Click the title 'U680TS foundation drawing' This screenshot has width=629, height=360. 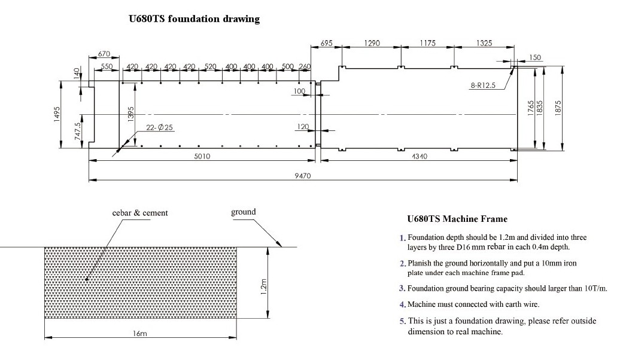click(195, 19)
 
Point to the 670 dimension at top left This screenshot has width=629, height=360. click(104, 54)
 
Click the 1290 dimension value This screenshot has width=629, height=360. click(372, 43)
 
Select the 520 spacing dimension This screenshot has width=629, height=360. click(210, 66)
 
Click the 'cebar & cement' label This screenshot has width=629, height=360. click(140, 213)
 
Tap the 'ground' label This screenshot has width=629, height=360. click(243, 212)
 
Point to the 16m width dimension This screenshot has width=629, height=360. click(139, 334)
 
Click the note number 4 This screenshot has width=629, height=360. click(403, 305)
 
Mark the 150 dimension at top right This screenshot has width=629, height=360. click(535, 57)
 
